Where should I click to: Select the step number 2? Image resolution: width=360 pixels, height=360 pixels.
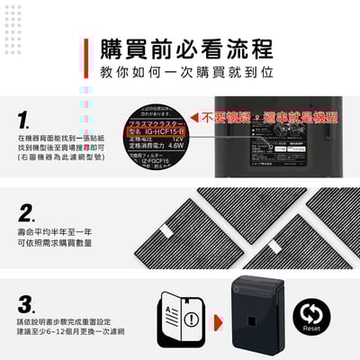tap(26, 213)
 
